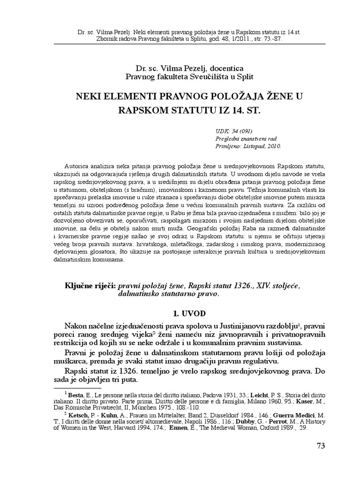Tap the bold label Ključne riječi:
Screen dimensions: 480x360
click(91, 285)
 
